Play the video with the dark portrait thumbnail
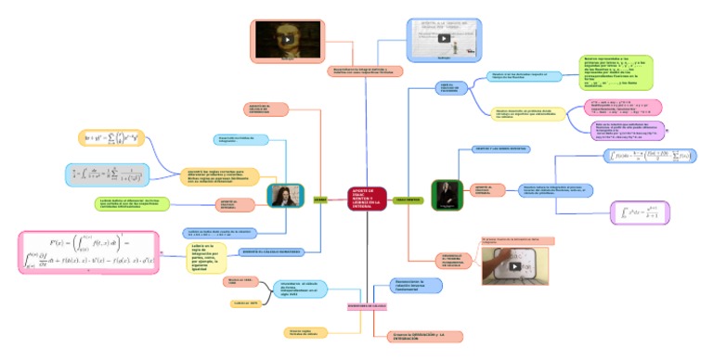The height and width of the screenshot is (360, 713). [x=287, y=39]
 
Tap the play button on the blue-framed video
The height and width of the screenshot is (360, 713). [x=443, y=39]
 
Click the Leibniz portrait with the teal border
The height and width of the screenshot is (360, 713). [x=279, y=195]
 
